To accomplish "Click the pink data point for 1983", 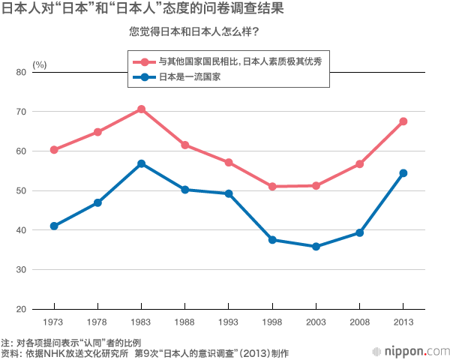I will (x=141, y=109).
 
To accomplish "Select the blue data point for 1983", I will (x=141, y=163).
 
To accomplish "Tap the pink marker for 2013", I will (x=403, y=121).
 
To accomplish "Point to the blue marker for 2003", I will (x=316, y=247).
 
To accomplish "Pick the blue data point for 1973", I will (x=54, y=226).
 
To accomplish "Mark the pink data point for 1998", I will (x=272, y=187).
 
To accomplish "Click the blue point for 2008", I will (x=360, y=232).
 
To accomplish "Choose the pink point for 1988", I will (x=184, y=145).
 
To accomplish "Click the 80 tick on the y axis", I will (x=20, y=72).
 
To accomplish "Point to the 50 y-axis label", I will (x=20, y=190).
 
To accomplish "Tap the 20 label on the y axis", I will (x=20, y=309).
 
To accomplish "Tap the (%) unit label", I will (x=40, y=64).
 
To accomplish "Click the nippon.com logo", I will (x=411, y=351).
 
